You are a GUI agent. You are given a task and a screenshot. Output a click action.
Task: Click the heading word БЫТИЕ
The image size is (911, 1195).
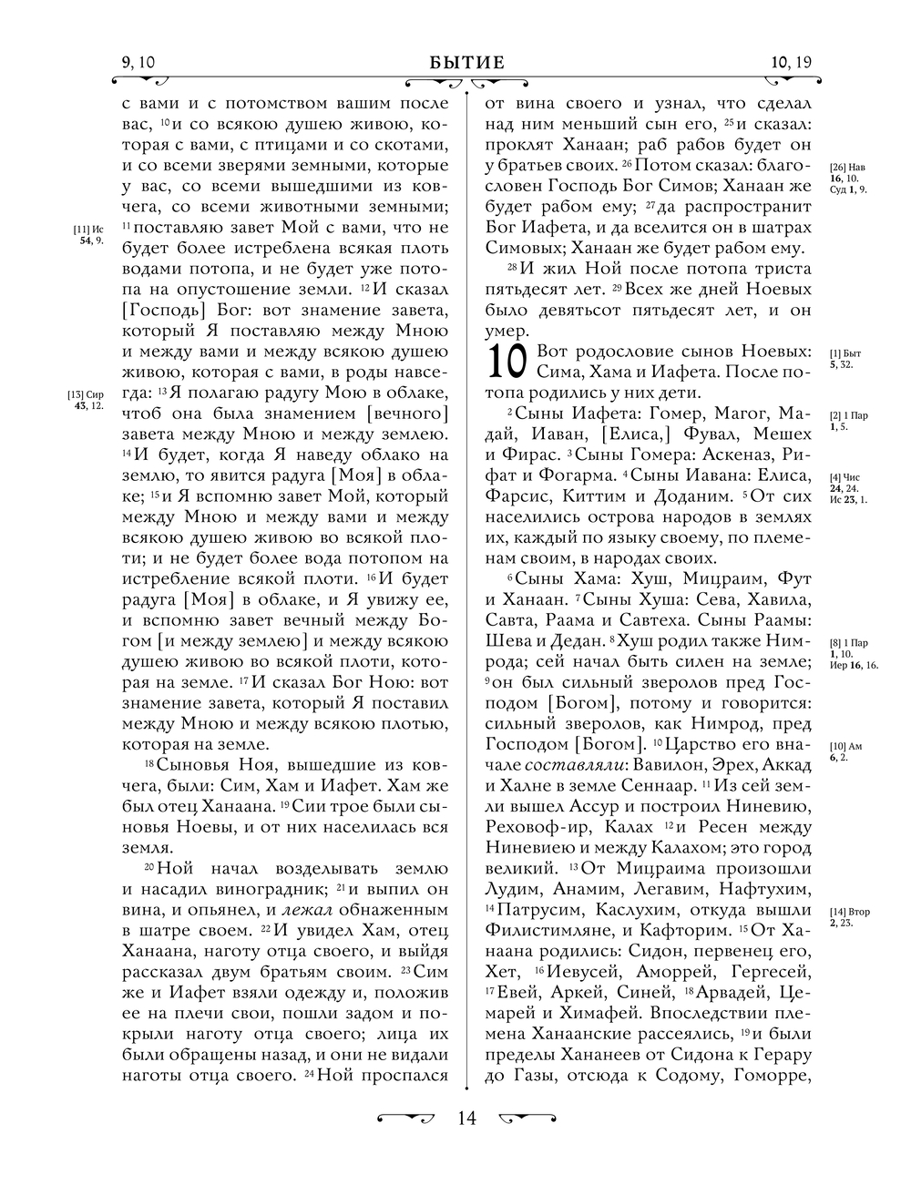click(466, 63)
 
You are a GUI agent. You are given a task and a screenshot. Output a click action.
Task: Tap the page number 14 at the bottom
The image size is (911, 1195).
click(466, 1118)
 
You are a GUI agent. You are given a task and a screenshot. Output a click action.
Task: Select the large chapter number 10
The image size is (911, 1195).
click(507, 362)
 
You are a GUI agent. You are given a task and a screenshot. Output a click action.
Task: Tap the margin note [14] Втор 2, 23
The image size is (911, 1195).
click(849, 917)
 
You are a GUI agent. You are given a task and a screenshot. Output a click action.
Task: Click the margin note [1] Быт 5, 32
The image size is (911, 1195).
click(845, 358)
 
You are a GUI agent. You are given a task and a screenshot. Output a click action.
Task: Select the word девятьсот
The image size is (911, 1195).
click(544, 311)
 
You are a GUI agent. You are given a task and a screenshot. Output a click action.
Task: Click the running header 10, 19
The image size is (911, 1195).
click(790, 63)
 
